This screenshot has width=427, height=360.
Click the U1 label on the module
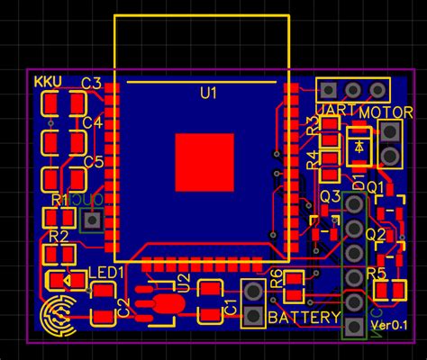point(209,93)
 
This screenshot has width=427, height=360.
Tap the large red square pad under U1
point(204,161)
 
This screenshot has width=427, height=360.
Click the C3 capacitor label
point(92,84)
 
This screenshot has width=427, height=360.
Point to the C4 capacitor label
point(92,122)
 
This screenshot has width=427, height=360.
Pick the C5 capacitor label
point(92,161)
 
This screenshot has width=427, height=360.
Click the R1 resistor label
point(60,199)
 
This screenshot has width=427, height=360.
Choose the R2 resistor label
point(59,237)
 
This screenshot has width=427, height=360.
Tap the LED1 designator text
point(106,271)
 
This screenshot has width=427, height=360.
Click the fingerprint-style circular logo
point(59,314)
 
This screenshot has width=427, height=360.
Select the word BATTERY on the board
point(304,318)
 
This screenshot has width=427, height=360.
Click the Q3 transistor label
point(330,196)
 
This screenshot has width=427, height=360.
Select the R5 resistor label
point(377,272)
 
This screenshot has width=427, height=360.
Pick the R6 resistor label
point(277,279)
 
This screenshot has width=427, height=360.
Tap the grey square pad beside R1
point(91,219)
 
